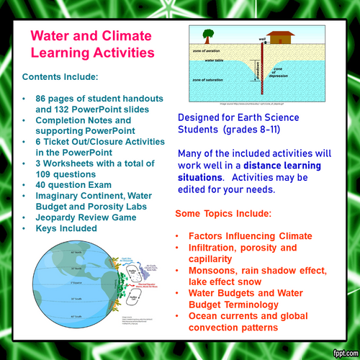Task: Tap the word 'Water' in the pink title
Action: click(52, 35)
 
